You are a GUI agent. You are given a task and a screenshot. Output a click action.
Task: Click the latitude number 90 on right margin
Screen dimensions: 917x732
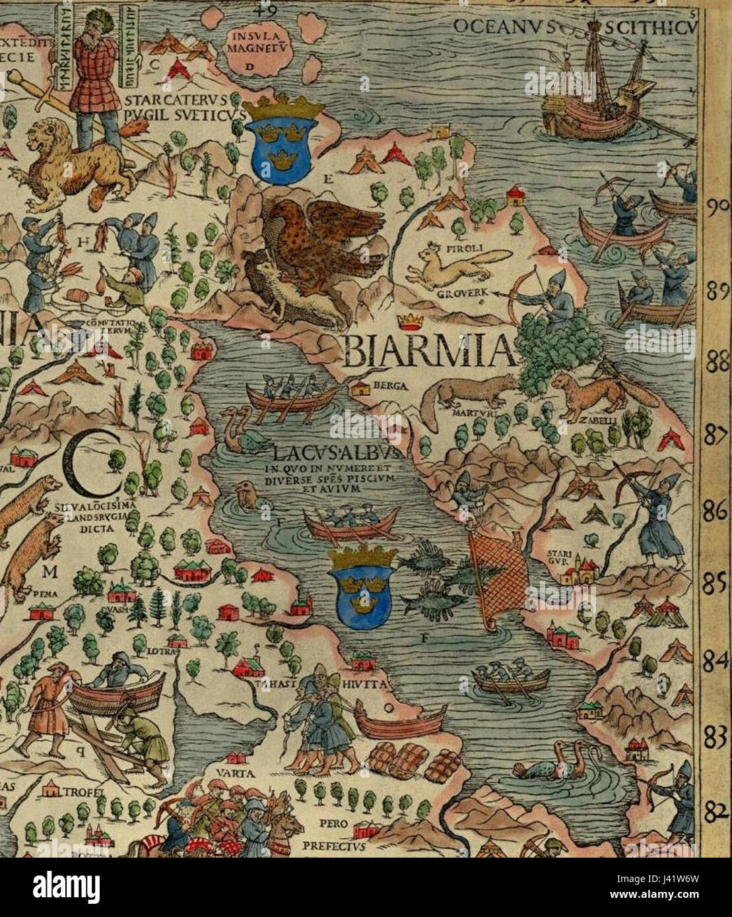(x=717, y=206)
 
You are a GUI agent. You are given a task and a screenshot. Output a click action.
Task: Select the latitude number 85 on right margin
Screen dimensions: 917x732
(x=715, y=584)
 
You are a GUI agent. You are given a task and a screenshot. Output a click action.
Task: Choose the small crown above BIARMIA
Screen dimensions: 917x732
(x=411, y=323)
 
